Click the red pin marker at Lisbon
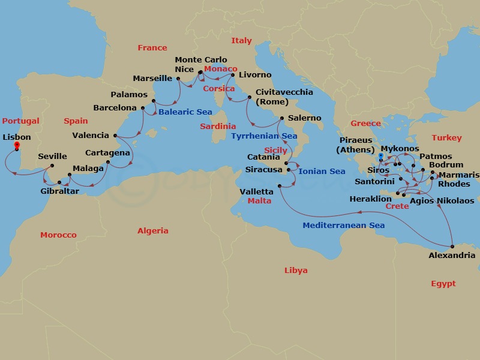point(17,145)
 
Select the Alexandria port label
point(452,255)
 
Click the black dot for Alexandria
point(452,246)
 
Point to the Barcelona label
point(115,108)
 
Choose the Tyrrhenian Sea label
point(265,136)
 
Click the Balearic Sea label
point(185,112)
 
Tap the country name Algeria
point(153,230)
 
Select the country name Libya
point(296,271)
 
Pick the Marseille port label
point(153,78)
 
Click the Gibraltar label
point(59,191)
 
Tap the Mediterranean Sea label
point(344,225)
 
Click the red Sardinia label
point(218,127)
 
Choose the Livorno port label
point(255,75)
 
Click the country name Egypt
point(443,284)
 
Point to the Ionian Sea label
point(322,171)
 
